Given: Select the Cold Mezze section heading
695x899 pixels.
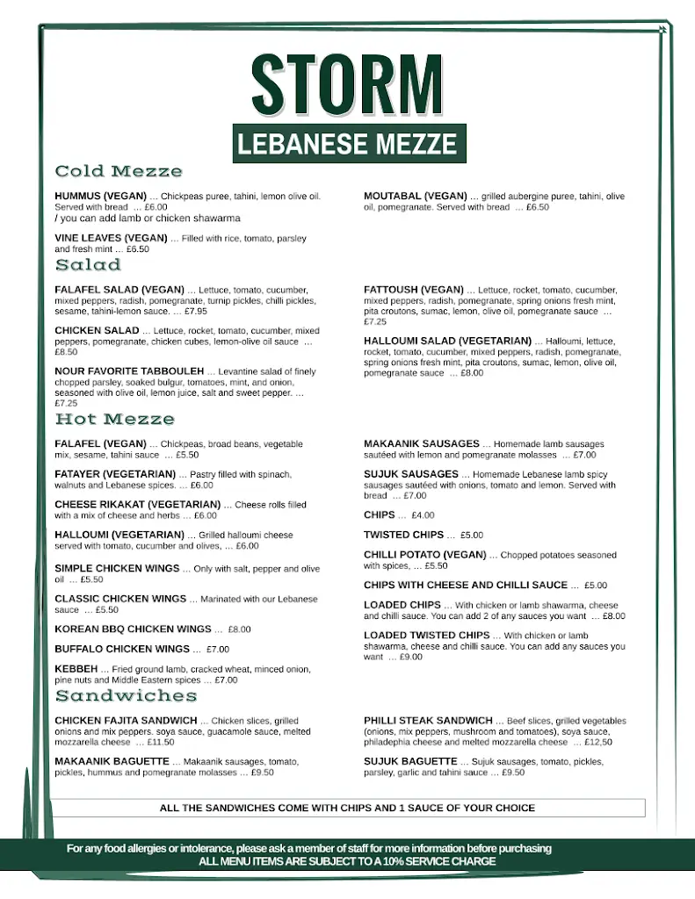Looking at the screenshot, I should click(x=119, y=171).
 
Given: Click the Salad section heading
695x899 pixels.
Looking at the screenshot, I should click(x=88, y=264).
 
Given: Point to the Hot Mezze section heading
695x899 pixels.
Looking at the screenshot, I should click(x=114, y=420).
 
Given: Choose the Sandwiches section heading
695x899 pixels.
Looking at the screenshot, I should click(x=126, y=696).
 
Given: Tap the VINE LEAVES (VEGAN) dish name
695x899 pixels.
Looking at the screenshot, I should click(x=111, y=238).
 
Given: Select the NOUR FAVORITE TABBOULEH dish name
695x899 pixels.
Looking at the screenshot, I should click(x=129, y=371).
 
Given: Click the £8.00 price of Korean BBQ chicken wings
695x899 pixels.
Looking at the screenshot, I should click(x=239, y=629).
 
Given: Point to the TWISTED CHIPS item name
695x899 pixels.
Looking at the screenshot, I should click(x=404, y=535).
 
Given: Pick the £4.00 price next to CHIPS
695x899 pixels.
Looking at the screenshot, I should click(x=423, y=515).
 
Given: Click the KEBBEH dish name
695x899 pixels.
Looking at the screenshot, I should click(x=76, y=669).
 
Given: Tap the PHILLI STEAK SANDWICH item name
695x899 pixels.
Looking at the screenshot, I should click(x=429, y=721).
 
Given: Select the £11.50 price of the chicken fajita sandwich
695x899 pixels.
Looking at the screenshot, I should click(x=160, y=743).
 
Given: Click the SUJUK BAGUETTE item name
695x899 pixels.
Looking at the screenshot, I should click(x=410, y=761).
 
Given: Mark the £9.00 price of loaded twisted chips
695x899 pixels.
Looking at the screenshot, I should click(x=410, y=657).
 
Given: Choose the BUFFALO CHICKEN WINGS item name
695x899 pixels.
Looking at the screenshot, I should click(x=122, y=650).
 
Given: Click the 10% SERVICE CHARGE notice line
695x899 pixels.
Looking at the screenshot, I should click(x=347, y=862).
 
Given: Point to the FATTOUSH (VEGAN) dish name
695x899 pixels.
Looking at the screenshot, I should click(x=414, y=290).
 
